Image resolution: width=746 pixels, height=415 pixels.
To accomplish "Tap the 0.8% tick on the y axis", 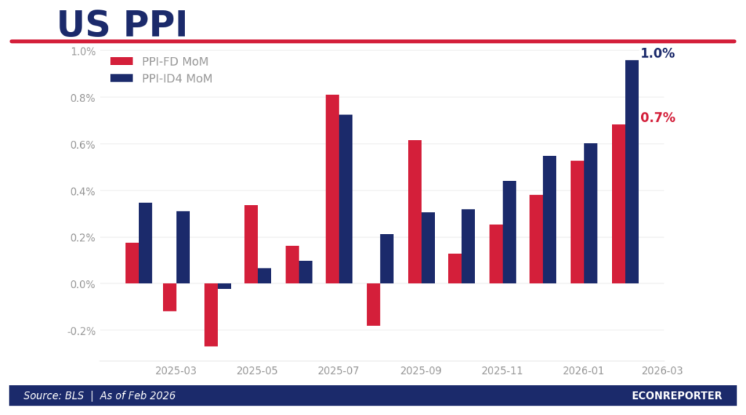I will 83,98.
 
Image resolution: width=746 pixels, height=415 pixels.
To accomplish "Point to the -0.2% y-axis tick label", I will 82,330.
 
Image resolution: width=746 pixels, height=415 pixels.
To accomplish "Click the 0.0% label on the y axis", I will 83,284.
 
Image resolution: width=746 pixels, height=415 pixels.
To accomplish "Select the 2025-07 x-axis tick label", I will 339,371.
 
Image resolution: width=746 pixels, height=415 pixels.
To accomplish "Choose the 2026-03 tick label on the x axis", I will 662,371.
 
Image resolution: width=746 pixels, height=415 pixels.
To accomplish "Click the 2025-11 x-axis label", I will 503,371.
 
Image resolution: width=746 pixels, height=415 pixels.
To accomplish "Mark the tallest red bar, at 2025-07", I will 332,189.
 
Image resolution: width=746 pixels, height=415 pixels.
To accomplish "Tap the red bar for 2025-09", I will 415,212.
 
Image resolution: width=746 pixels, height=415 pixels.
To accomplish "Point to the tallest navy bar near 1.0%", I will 632,171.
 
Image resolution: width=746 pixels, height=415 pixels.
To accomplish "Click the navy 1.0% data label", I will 657,54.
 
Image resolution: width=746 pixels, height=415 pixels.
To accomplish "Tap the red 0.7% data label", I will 657,118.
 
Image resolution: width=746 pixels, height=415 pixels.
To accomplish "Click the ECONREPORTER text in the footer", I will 677,396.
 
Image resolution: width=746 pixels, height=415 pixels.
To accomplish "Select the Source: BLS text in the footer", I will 53,396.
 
